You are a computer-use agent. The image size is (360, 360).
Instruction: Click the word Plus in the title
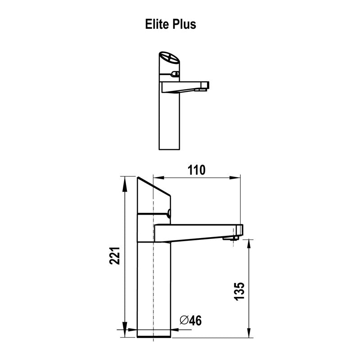pos(184,24)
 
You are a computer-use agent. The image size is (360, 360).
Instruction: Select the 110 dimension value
pos(196,170)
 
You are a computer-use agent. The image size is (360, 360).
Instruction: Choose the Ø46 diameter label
pos(191,320)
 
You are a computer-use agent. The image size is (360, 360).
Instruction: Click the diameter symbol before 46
pos(184,320)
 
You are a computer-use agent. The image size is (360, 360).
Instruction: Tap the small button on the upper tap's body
pos(176,74)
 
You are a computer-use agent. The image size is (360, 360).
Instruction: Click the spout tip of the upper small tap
pos(207,85)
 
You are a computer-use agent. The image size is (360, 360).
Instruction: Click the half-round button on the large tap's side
pos(169,213)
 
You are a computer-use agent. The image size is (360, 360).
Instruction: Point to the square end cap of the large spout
pos(239,230)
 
